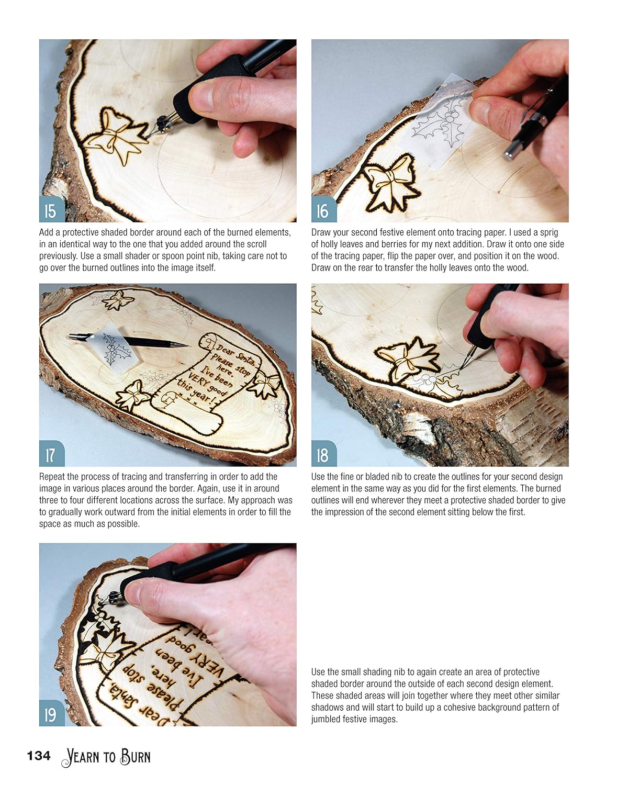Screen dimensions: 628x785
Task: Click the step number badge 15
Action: pos(52,209)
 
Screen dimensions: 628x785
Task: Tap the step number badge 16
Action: pos(324,209)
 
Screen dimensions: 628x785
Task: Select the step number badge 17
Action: pos(52,453)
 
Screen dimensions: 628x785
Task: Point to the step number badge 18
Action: pos(324,453)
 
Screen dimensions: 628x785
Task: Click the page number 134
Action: pos(39,756)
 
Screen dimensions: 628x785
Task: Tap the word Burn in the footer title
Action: pos(136,756)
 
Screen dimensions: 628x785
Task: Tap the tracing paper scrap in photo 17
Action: pos(118,350)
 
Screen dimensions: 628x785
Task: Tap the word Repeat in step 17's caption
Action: pos(51,477)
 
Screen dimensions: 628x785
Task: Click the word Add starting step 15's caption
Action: pos(46,232)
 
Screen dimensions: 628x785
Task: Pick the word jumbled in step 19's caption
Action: pos(325,720)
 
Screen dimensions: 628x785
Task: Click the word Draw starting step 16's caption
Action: pos(320,232)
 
